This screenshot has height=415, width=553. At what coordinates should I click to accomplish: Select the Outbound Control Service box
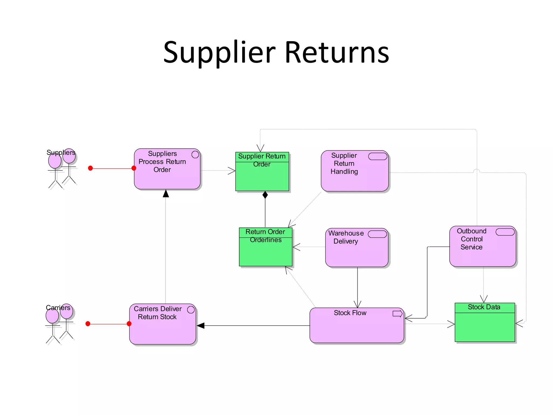point(483,254)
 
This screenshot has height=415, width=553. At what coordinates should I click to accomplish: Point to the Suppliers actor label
point(61,152)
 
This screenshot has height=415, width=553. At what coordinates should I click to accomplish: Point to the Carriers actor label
point(58,307)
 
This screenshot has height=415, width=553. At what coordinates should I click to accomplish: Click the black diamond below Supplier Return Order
point(265,195)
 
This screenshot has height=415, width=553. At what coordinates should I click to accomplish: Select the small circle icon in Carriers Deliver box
point(191,310)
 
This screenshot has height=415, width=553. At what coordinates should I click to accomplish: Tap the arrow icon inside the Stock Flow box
point(397,314)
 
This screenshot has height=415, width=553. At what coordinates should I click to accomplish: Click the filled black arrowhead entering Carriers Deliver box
point(200,326)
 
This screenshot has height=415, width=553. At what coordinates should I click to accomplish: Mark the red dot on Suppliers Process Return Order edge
point(134,168)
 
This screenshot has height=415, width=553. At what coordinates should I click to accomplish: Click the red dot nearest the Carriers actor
point(88,324)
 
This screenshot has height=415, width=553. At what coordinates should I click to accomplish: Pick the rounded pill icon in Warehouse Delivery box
point(377,234)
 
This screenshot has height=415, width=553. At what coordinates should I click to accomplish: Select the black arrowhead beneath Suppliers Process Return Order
point(166,193)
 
